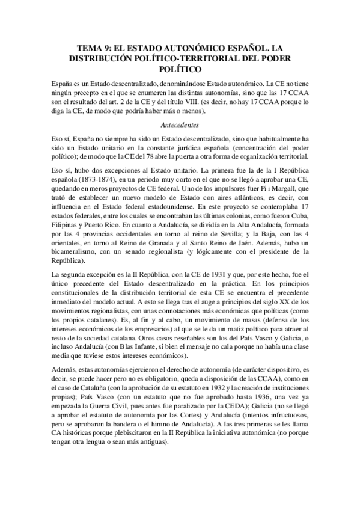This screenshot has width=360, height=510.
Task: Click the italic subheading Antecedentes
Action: (x=180, y=124)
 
